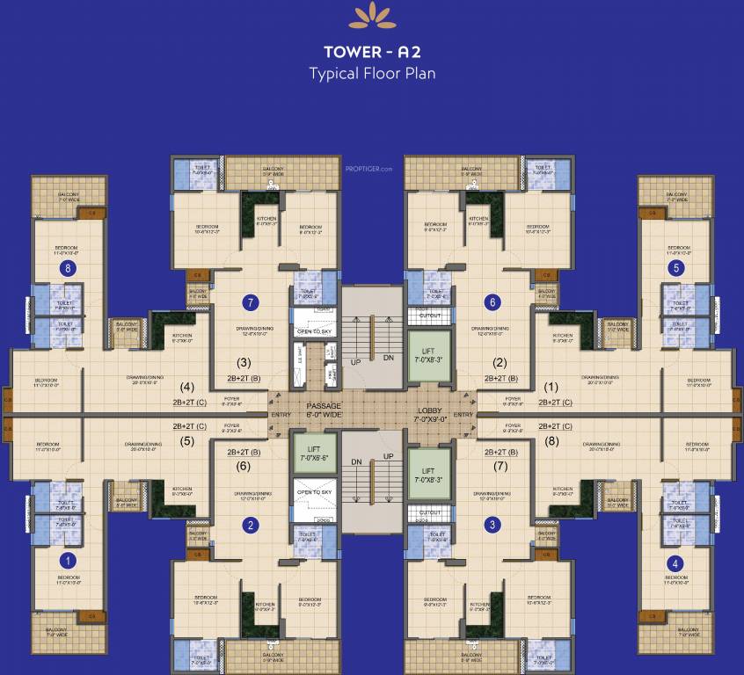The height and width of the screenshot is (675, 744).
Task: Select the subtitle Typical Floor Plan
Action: [x=372, y=73]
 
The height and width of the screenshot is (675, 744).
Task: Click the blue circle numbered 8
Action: [x=65, y=269]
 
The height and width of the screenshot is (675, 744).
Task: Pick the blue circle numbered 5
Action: [x=675, y=268]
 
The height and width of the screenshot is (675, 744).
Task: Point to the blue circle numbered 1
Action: [x=65, y=558]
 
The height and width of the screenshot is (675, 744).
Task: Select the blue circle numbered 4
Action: [x=675, y=562]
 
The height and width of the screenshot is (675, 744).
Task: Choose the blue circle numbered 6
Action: [x=492, y=302]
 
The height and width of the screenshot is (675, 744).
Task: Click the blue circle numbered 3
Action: [x=492, y=526]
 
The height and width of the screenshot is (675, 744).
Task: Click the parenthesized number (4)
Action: [x=187, y=386]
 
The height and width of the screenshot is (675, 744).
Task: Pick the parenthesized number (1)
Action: [x=551, y=386]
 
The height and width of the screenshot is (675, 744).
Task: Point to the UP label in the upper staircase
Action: [x=356, y=362]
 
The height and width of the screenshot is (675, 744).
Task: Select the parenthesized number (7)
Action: [x=500, y=467]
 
